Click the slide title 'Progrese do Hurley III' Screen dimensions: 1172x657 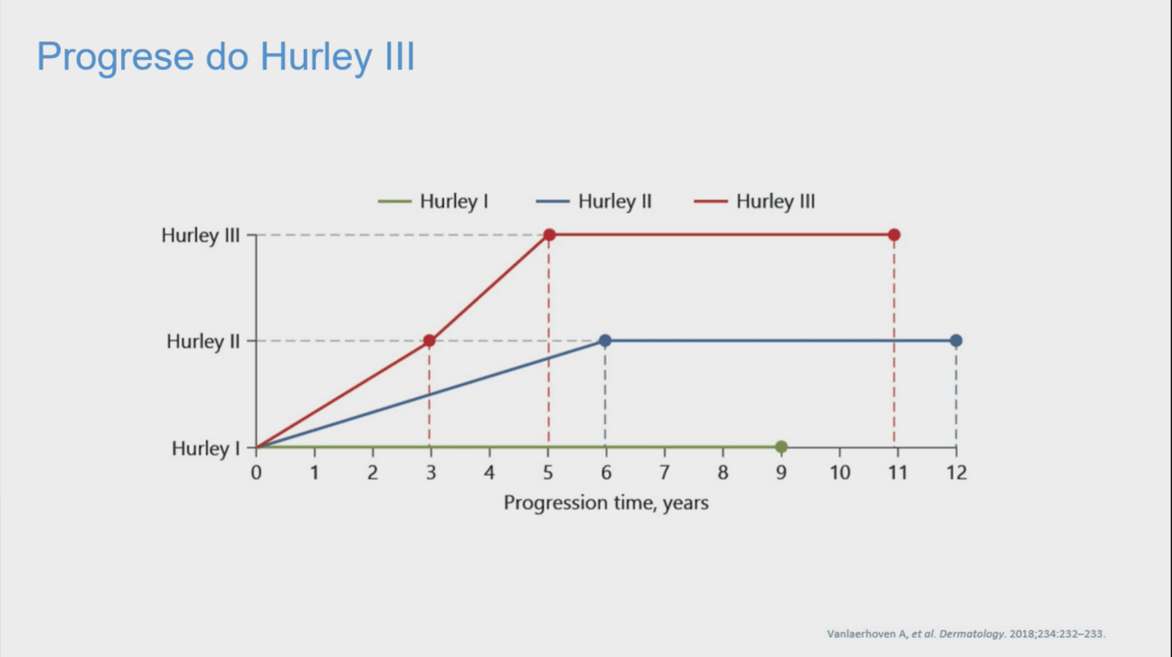click(225, 57)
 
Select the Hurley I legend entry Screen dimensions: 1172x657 click(434, 201)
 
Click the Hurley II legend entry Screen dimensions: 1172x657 click(594, 201)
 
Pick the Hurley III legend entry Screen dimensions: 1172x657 click(755, 201)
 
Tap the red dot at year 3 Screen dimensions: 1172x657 click(429, 341)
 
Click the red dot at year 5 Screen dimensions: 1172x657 click(549, 235)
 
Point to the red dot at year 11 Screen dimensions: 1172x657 click(894, 235)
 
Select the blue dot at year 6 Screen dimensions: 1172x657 click(605, 341)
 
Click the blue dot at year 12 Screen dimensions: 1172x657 click(956, 341)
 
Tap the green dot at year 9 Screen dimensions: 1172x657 click(781, 447)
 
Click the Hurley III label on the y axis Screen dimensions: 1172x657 click(200, 235)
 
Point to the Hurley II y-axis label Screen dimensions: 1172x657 click(203, 341)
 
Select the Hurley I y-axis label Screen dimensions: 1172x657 click(206, 448)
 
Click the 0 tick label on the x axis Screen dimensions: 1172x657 click(256, 472)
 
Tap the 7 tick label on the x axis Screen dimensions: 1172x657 click(664, 472)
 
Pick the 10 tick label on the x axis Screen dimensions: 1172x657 click(840, 472)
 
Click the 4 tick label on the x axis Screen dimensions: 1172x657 click(489, 472)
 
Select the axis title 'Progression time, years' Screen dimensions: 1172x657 click(606, 503)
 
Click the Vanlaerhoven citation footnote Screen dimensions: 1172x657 click(966, 633)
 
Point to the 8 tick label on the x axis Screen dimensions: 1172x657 click(723, 472)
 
